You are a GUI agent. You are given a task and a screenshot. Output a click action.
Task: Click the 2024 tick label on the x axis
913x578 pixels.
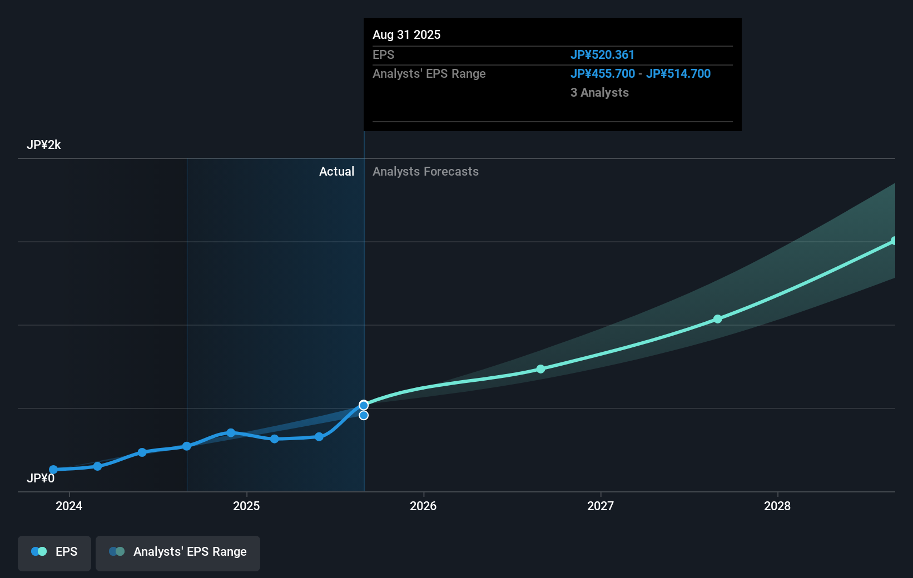[x=69, y=506]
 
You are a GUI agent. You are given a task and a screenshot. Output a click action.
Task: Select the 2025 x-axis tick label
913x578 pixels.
[x=246, y=506]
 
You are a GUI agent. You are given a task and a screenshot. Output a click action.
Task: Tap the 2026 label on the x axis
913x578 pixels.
[x=423, y=506]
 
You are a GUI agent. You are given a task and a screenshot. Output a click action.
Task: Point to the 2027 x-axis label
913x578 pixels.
[x=601, y=506]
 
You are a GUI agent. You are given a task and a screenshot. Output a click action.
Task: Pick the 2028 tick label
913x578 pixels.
[x=777, y=506]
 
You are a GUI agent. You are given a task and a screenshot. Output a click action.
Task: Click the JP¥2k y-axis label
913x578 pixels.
[x=43, y=145]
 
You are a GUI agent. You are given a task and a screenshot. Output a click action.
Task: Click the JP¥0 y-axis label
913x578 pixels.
[x=41, y=479]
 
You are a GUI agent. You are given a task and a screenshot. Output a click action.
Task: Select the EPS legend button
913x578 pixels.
[x=54, y=552]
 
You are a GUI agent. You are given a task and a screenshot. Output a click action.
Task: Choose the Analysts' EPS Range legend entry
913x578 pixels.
[x=178, y=552]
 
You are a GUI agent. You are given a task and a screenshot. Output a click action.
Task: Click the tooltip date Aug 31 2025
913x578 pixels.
[x=406, y=35]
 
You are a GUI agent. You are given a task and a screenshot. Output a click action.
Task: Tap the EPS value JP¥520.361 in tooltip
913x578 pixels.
[x=602, y=55]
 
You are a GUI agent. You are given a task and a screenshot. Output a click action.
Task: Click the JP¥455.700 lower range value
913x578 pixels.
[x=602, y=74]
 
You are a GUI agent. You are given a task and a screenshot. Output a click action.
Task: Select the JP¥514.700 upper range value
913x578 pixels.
[x=678, y=74]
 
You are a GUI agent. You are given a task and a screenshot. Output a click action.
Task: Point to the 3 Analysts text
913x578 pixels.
[x=599, y=93]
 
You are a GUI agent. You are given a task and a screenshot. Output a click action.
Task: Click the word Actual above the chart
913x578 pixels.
[x=336, y=172]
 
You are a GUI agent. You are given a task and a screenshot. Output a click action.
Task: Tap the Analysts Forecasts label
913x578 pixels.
[x=425, y=172]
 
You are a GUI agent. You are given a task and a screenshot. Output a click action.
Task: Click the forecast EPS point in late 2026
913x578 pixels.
[x=541, y=369]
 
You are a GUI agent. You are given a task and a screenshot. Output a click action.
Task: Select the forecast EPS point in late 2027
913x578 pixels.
[x=718, y=319]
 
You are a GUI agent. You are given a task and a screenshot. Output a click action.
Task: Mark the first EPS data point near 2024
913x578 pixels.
[x=53, y=470]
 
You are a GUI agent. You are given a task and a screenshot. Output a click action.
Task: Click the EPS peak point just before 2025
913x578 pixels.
[x=231, y=432]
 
